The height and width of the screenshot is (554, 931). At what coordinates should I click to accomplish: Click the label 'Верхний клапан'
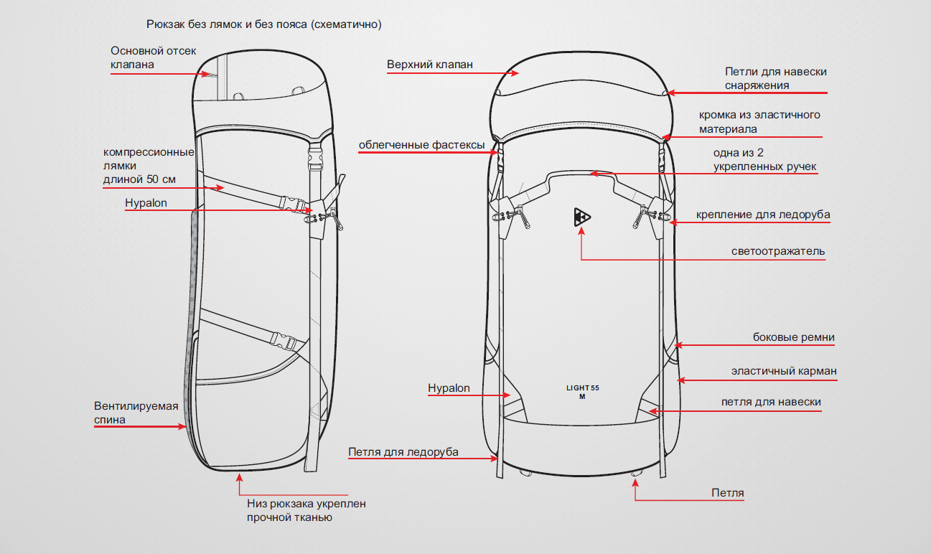[x=429, y=65]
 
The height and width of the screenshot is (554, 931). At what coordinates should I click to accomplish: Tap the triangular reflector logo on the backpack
[x=582, y=217]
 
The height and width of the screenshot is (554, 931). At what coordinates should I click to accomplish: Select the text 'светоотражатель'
[x=778, y=252]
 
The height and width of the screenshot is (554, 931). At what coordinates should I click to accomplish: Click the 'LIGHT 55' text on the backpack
[x=582, y=388]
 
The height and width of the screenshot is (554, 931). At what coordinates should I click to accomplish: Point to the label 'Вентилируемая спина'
[x=136, y=413]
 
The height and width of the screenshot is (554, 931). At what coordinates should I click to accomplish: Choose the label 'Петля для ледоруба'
[x=403, y=452]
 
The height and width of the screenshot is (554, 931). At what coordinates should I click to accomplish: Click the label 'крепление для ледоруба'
[x=763, y=215]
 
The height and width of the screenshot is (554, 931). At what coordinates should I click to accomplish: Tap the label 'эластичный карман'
[x=784, y=371]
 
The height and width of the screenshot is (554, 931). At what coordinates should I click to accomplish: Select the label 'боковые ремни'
[x=793, y=337]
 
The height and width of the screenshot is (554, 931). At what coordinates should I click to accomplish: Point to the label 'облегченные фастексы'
[x=421, y=145]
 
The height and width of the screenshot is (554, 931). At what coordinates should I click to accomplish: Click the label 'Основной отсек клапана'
[x=153, y=57]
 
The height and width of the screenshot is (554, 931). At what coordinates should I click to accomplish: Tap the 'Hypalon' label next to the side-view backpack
[x=146, y=203]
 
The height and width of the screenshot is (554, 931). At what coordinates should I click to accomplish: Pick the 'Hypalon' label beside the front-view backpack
[x=449, y=388]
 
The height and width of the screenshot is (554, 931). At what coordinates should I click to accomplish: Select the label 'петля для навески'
[x=771, y=402]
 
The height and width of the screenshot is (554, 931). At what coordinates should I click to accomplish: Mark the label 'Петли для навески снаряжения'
[x=775, y=78]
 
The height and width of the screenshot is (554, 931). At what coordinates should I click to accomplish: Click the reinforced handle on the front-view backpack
[x=582, y=173]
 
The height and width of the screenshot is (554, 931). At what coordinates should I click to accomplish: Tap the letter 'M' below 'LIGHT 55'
[x=582, y=398]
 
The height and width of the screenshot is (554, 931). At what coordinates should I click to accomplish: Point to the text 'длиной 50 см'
[x=139, y=179]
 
